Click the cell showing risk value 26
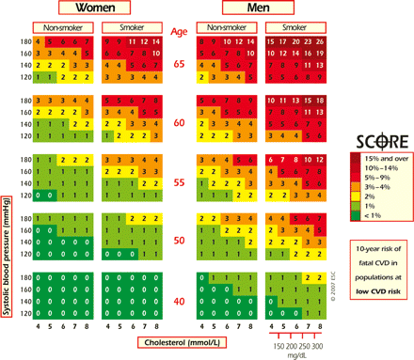pyautogui.click(x=323, y=41)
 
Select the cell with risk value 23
pyautogui.click(x=310, y=41)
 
